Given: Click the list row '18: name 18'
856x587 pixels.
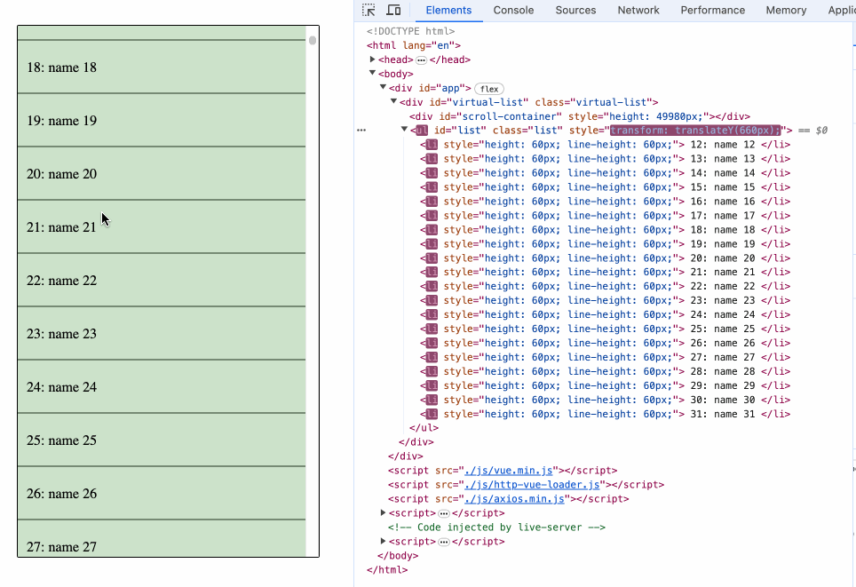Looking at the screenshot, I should (x=161, y=67).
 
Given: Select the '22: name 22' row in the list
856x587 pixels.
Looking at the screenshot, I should (x=161, y=281).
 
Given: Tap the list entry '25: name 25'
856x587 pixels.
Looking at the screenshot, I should (x=161, y=440).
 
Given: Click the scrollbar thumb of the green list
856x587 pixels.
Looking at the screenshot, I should (x=313, y=40).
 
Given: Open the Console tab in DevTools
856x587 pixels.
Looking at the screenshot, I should (x=513, y=11).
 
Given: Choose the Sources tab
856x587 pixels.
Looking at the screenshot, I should (x=575, y=11).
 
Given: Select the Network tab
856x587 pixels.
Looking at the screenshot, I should (x=638, y=11).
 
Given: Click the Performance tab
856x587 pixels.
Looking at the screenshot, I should (x=712, y=11).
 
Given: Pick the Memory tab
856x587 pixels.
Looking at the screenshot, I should (x=786, y=11).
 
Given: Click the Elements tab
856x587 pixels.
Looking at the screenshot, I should (x=448, y=11).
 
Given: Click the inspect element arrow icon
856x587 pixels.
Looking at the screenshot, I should (x=369, y=11).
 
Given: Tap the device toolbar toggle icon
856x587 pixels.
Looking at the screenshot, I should (x=393, y=11).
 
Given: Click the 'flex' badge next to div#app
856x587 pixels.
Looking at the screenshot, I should (x=488, y=89).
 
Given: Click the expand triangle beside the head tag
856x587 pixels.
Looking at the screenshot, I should (x=374, y=59).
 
